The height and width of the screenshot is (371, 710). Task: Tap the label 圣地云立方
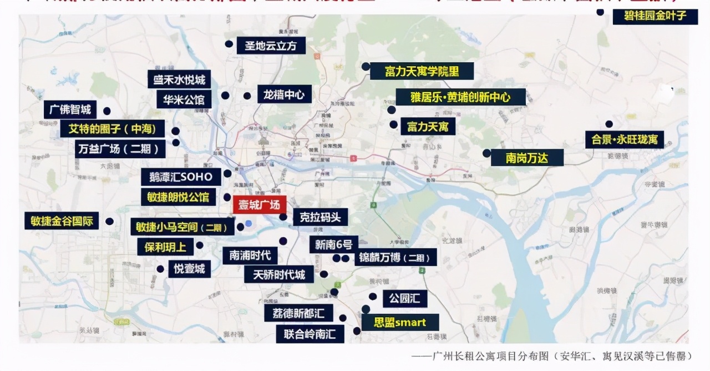tap(271, 46)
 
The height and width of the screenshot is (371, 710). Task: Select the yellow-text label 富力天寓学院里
tap(422, 71)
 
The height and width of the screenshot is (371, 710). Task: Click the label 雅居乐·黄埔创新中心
tap(460, 97)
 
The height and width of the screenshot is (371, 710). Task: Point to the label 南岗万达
tap(527, 158)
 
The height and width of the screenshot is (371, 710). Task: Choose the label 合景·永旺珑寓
tap(624, 139)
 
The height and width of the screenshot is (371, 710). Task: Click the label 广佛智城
tap(70, 109)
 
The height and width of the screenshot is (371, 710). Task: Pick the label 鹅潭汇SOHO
tap(181, 177)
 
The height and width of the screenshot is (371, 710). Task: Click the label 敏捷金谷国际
tap(62, 220)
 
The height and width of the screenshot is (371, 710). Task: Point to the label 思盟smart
tap(399, 322)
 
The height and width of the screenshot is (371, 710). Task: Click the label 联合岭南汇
tap(310, 334)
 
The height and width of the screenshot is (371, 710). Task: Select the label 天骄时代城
tap(279, 274)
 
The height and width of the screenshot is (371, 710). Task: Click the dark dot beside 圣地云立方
tap(228, 44)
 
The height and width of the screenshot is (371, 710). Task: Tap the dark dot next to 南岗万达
tap(486, 153)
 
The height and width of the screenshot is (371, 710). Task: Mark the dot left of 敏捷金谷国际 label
tap(110, 221)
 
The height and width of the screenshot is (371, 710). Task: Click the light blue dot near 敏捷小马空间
tap(248, 224)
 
